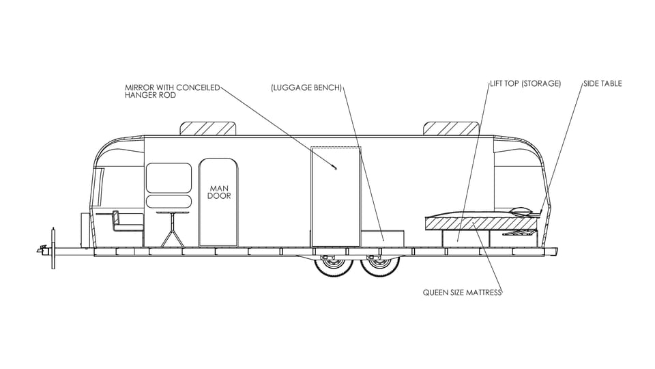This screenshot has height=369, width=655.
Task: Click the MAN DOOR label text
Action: [219, 192]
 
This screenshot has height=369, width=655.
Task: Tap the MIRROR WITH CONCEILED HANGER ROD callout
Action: [173, 91]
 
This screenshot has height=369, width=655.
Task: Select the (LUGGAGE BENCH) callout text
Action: [306, 88]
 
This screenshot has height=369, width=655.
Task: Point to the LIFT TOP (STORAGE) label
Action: [525, 83]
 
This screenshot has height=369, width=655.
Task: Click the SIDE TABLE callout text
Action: [602, 83]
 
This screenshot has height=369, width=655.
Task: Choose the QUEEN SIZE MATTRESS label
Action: [462, 292]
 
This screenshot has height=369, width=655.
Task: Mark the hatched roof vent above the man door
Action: [207, 128]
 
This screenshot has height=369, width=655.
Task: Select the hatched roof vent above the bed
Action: [451, 128]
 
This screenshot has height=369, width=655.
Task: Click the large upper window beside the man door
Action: [169, 178]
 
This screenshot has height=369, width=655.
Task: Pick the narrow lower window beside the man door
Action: [169, 201]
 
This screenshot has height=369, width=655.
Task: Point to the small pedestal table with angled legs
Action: [172, 230]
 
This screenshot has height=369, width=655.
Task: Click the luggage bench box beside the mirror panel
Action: [382, 238]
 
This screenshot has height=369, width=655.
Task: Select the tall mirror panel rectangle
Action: [336, 197]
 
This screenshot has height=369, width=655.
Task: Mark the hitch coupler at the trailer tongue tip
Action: [42, 250]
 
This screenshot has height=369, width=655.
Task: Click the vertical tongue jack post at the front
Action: [53, 247]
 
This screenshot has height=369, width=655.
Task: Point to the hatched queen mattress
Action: [480, 223]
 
